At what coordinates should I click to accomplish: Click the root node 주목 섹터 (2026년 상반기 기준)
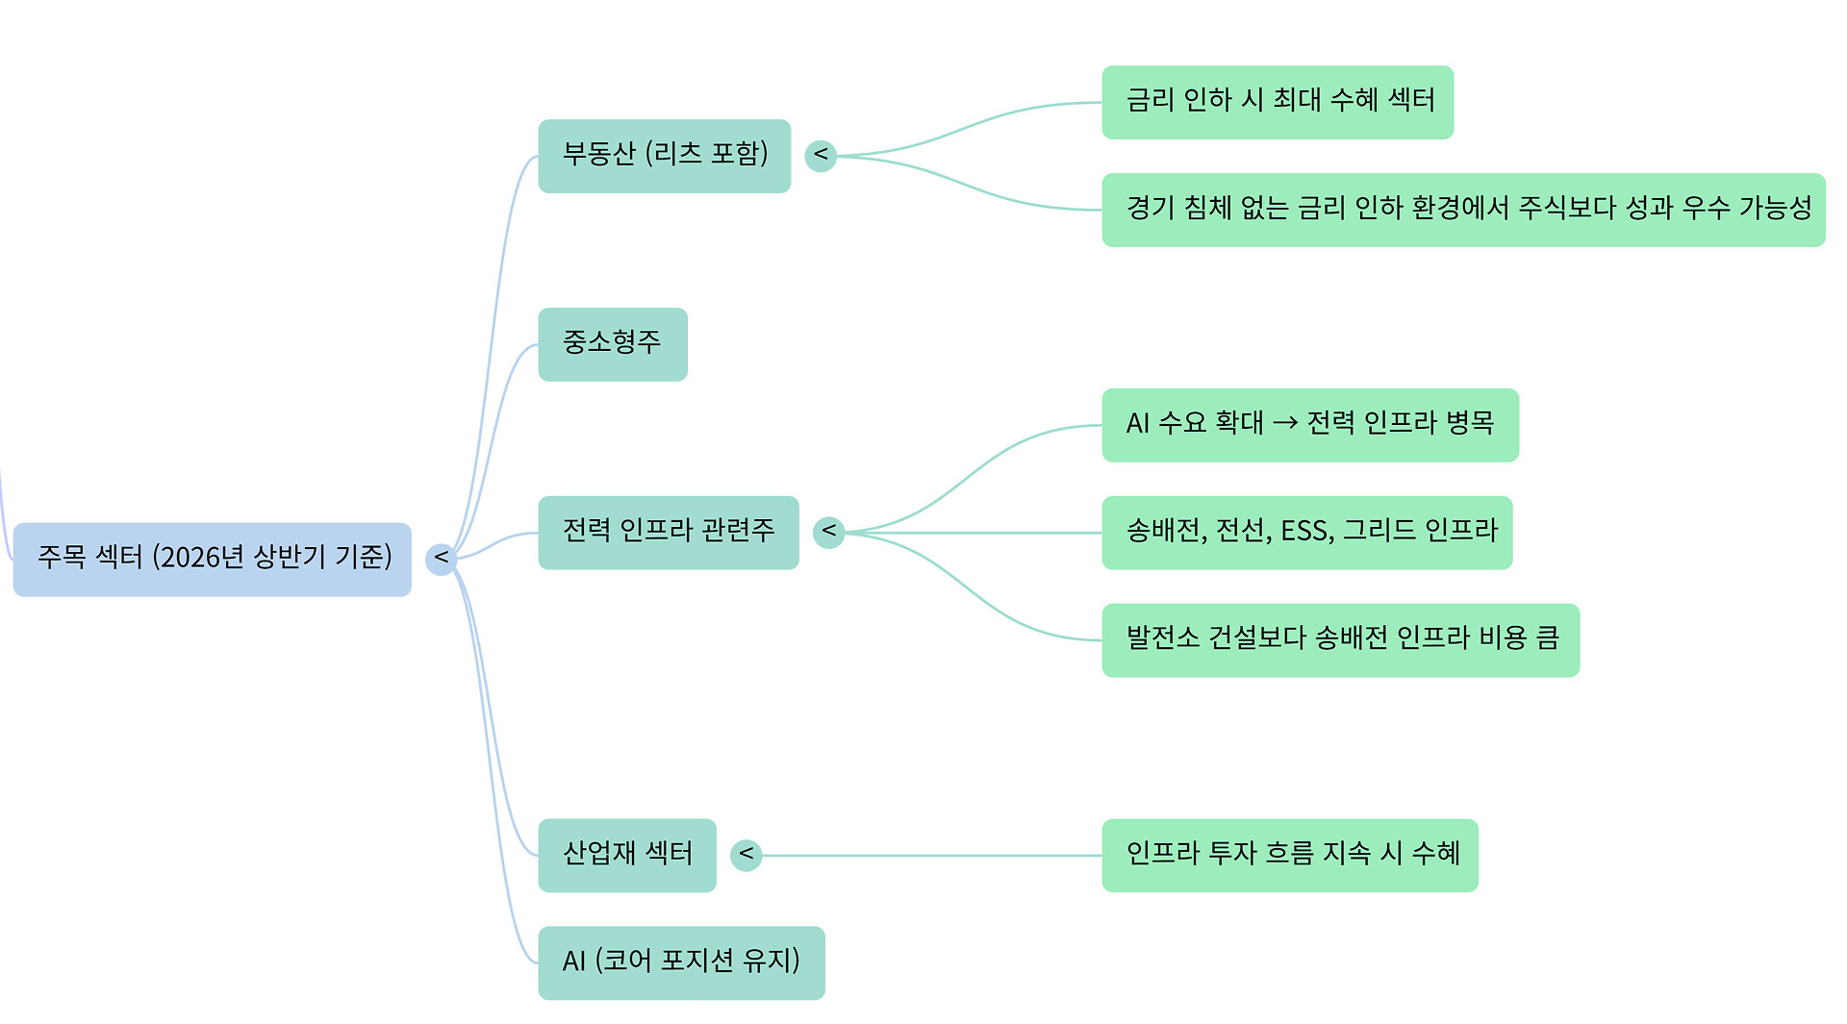pos(212,559)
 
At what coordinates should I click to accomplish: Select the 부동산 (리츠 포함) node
pos(664,156)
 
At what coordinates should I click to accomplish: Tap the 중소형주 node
pos(612,344)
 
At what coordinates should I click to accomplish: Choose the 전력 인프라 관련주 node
pos(668,533)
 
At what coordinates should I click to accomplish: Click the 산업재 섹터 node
pos(626,855)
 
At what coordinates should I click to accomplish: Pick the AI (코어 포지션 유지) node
pos(680,962)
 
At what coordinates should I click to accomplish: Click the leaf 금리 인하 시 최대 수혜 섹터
pos(1277,102)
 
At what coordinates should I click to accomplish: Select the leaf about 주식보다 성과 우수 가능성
pos(1462,210)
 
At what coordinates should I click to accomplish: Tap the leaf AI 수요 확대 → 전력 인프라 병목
pos(1309,425)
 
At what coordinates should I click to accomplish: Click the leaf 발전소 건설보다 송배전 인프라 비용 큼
pos(1340,640)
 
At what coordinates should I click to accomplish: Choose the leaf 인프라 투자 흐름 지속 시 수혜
pos(1289,855)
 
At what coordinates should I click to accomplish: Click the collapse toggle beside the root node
pos(441,559)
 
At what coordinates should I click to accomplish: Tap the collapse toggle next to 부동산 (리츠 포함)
pos(821,156)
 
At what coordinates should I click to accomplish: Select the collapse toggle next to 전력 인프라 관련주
pos(828,533)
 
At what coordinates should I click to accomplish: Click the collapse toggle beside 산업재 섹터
pos(746,855)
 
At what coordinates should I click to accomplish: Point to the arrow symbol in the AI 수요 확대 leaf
pos(1285,423)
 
